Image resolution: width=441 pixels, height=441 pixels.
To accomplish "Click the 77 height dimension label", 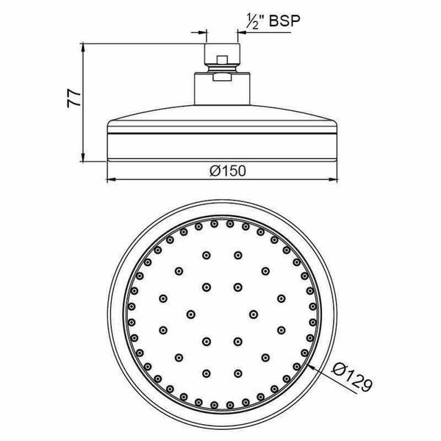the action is pos(74,98).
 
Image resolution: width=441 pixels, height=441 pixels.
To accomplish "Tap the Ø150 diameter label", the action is pos(228,171).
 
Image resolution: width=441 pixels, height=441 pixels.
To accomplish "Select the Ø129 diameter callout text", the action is pos(352,378).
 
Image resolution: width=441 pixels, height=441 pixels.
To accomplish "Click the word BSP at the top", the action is pos(284,21).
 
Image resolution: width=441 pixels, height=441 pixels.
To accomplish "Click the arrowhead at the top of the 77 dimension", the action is pos(83,47).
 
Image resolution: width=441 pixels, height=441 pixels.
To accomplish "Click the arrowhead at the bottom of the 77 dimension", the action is pos(83,157).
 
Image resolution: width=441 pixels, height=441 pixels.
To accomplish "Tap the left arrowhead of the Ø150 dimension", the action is pos(112,179).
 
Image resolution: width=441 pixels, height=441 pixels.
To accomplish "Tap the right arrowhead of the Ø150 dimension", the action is pos(333,179).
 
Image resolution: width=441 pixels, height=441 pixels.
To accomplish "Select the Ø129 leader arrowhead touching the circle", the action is pos(311,367).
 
